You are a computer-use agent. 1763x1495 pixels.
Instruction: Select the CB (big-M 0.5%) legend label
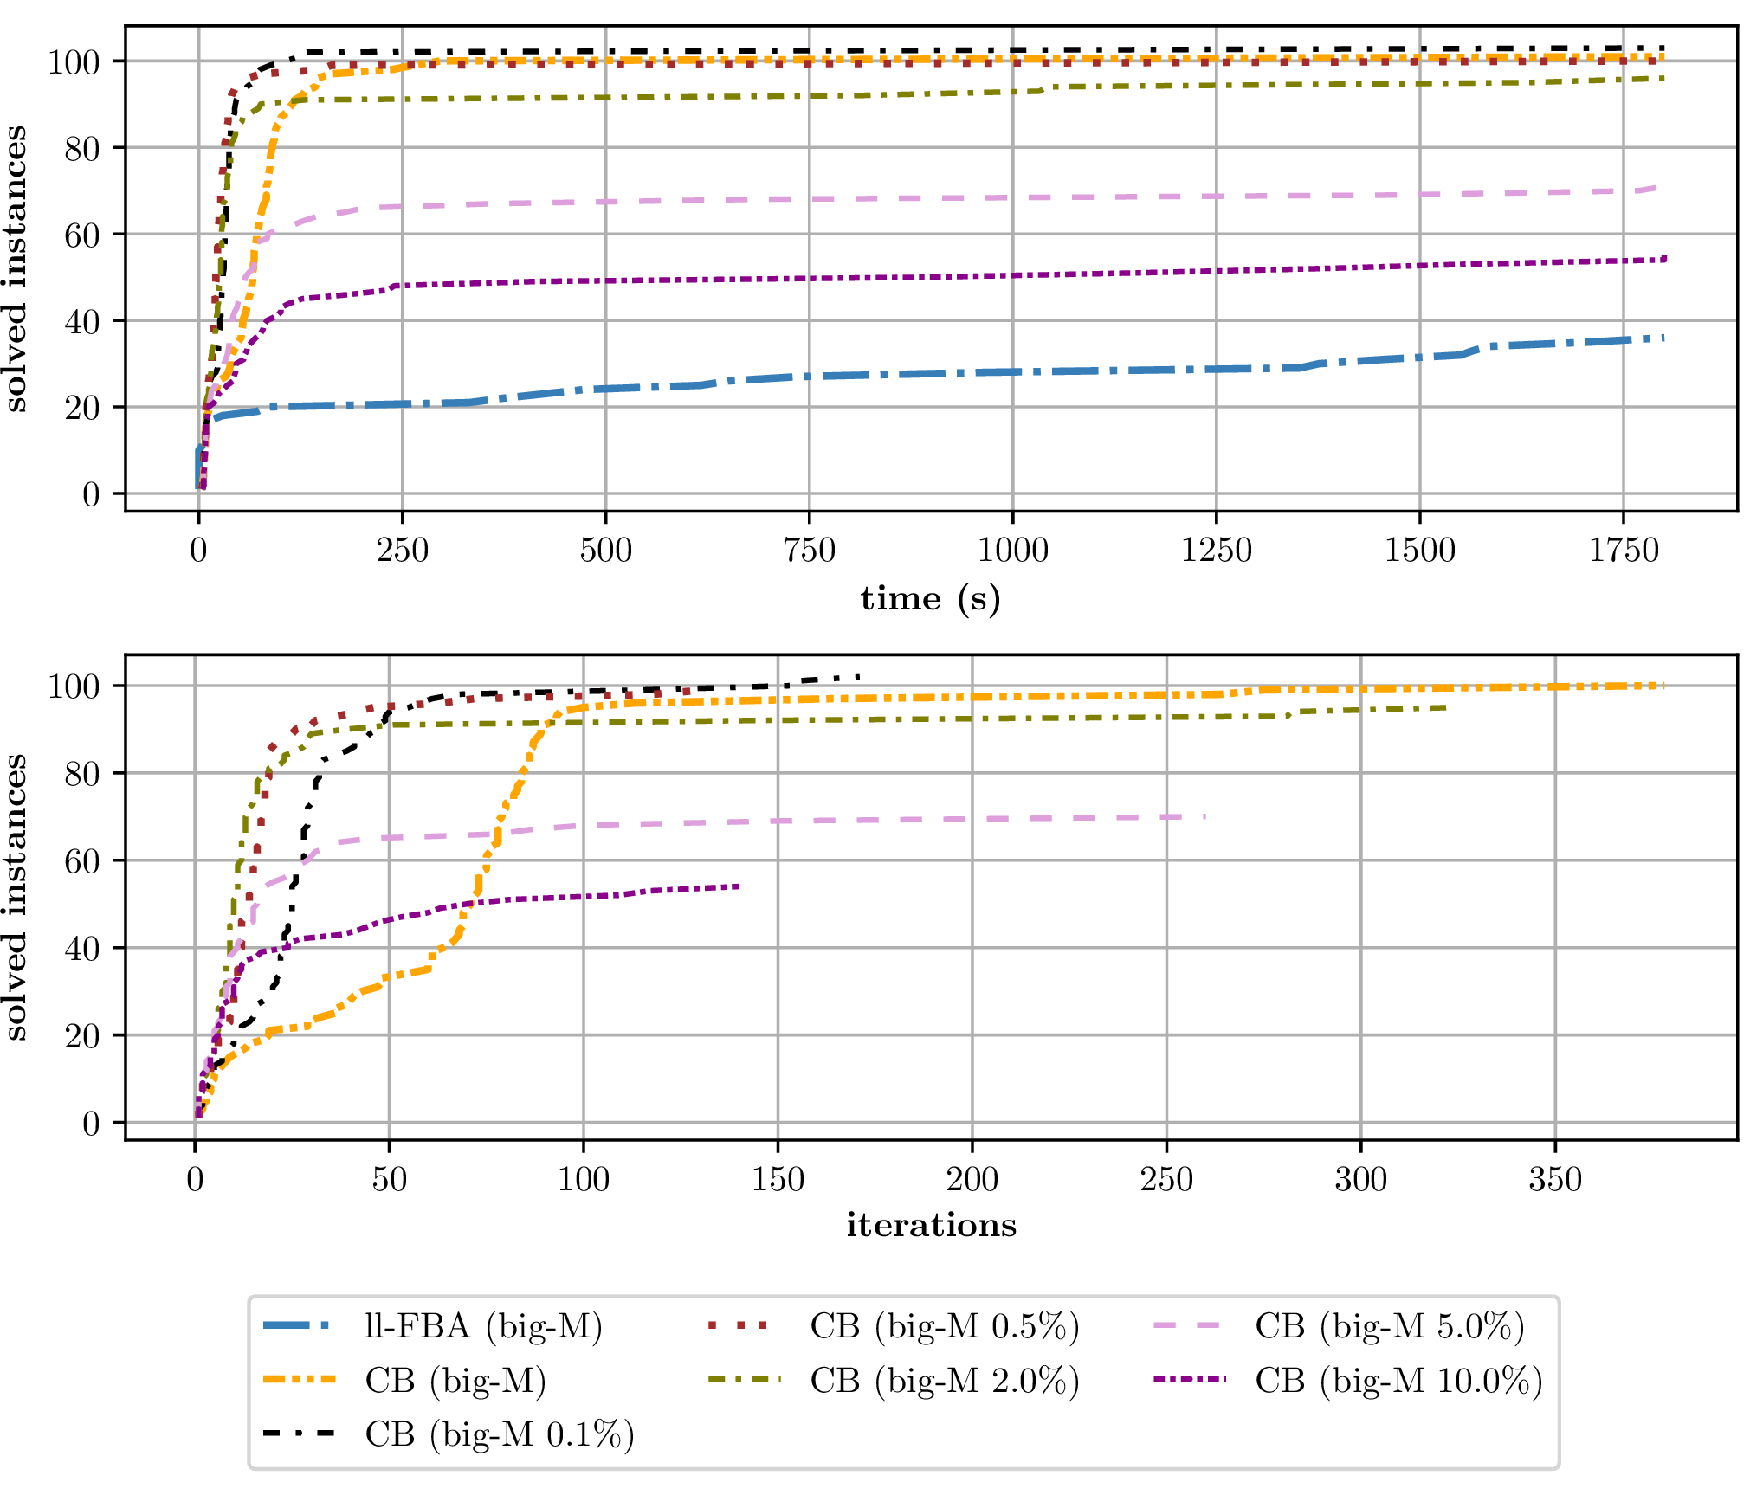[x=945, y=1326]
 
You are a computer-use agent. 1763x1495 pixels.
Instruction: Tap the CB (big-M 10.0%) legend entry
[x=1398, y=1381]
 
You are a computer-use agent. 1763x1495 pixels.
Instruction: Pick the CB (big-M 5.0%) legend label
[x=1389, y=1326]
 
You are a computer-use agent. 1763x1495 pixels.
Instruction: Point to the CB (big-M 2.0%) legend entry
[x=945, y=1381]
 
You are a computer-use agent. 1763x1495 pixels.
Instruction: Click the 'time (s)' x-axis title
[x=930, y=598]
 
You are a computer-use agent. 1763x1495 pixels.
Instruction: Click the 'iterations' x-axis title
[x=931, y=1225]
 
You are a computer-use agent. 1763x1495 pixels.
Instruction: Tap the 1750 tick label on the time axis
[x=1623, y=551]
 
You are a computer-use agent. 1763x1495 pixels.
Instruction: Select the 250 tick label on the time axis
[x=402, y=551]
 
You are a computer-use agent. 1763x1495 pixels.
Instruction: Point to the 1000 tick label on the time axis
[x=1012, y=551]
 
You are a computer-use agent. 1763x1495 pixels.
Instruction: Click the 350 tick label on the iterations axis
[x=1555, y=1179]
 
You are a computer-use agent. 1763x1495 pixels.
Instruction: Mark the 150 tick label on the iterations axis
[x=778, y=1179]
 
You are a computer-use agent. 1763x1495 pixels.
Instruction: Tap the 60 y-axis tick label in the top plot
[x=82, y=235]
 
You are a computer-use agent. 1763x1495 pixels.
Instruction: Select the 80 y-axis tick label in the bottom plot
[x=82, y=773]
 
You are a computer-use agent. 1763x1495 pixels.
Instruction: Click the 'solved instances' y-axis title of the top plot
[x=16, y=268]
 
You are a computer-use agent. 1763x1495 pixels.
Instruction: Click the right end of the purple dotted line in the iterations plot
[x=739, y=886]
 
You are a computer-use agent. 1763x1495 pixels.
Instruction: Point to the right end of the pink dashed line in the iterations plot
[x=1204, y=816]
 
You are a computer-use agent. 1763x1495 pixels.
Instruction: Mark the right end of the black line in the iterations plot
[x=858, y=677]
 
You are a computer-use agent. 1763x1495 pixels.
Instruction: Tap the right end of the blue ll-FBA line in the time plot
[x=1663, y=337]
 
